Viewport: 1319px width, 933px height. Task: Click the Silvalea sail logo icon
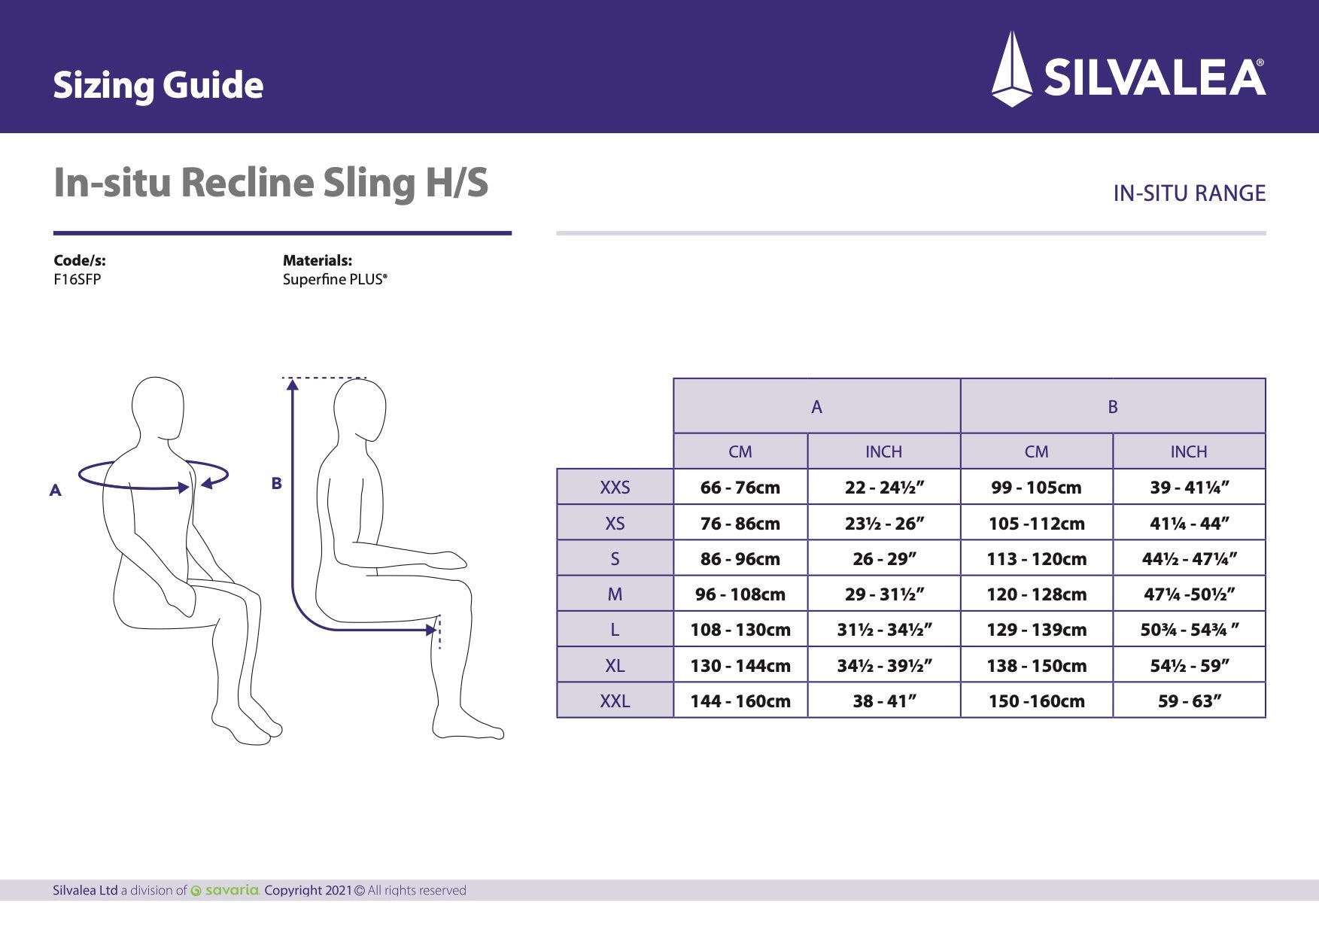pos(1012,69)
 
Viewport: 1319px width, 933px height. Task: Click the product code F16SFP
pos(77,279)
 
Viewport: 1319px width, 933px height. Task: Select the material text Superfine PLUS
pos(335,279)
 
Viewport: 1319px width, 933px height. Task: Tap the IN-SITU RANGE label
pos(1189,193)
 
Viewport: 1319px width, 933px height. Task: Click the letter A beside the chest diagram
pos(55,491)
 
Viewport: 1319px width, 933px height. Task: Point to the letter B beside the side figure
pos(276,483)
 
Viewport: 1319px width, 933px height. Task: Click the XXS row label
pos(615,487)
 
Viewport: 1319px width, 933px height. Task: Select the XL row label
pos(615,665)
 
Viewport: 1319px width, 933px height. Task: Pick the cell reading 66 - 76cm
pos(740,487)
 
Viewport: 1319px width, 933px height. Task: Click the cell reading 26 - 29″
pos(884,558)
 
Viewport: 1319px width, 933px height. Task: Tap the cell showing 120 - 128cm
pos(1036,594)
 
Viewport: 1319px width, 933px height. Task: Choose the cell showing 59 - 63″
pos(1189,701)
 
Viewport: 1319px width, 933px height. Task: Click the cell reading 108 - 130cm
pos(740,630)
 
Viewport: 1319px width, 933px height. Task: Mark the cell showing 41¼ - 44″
pos(1189,523)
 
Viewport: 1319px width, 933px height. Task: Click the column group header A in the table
pos(816,406)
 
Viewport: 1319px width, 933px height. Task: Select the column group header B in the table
pos(1112,406)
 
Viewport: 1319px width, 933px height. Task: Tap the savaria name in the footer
pos(231,890)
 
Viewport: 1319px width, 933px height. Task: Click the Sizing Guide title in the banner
pos(158,84)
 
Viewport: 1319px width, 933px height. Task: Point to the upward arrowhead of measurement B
pos(293,384)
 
